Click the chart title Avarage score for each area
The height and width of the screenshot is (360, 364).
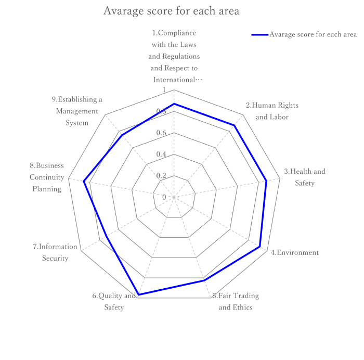click(x=171, y=11)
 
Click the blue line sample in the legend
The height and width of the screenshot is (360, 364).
click(x=259, y=35)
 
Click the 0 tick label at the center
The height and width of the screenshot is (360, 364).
click(x=164, y=197)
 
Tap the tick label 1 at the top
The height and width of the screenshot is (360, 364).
click(x=164, y=91)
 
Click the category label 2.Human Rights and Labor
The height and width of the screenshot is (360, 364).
click(x=272, y=111)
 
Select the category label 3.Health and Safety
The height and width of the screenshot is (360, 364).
click(x=305, y=177)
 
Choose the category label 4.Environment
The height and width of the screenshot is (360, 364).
click(x=294, y=253)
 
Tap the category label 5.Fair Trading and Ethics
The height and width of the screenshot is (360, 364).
click(x=236, y=302)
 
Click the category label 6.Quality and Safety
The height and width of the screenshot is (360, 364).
click(x=114, y=302)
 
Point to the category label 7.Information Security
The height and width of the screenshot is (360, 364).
click(x=55, y=253)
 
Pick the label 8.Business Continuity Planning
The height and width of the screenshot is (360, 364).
click(x=47, y=177)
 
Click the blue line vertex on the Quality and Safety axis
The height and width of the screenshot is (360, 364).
click(x=138, y=295)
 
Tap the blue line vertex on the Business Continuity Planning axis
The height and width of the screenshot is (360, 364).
click(x=84, y=181)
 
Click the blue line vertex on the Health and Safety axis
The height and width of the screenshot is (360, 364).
click(x=266, y=181)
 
